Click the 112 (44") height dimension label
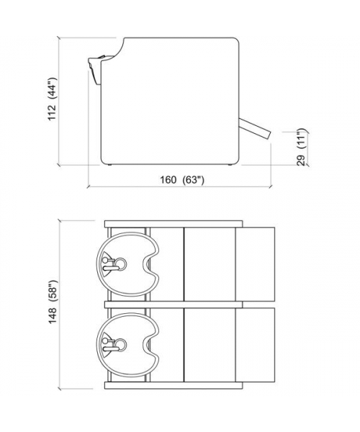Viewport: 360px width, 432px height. click(x=53, y=99)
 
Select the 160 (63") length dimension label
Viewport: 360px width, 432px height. click(x=182, y=180)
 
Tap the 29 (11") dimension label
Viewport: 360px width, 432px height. click(x=302, y=147)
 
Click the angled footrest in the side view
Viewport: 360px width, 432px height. click(x=256, y=129)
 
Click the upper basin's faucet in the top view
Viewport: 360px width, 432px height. click(x=109, y=264)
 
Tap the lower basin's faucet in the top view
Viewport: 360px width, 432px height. click(x=109, y=344)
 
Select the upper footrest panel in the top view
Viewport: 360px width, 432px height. click(x=256, y=264)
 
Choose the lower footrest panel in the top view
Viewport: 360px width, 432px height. click(x=256, y=345)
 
